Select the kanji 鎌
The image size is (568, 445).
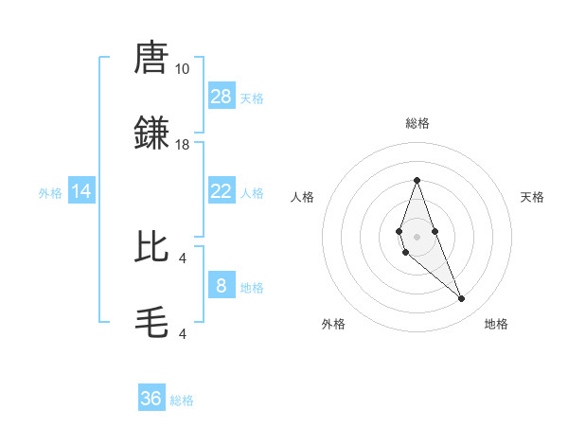point(152,132)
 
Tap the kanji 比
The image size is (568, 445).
point(152,245)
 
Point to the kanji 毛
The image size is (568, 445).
point(152,321)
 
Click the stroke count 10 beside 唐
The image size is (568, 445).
point(182,69)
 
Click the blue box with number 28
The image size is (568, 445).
point(222,97)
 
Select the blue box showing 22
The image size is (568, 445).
point(222,191)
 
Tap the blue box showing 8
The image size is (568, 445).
point(222,285)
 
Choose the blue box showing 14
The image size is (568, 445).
point(81,191)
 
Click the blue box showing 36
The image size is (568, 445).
point(151,399)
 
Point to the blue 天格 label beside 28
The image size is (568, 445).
point(252,98)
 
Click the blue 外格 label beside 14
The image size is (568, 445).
point(50,192)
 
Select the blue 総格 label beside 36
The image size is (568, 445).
point(182,400)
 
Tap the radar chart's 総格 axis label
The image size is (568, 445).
point(417,123)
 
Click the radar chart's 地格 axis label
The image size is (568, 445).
point(496,324)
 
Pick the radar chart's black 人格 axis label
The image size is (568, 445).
point(302,197)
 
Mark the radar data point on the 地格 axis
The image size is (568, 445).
point(461,299)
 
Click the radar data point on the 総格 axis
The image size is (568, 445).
point(417,180)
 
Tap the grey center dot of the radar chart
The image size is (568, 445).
point(417,237)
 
